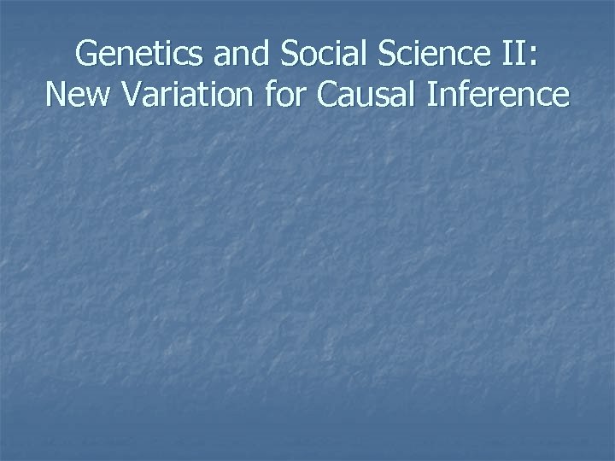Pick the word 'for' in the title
point(285,95)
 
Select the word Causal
point(365,95)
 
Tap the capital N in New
point(57,95)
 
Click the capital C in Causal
point(328,95)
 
